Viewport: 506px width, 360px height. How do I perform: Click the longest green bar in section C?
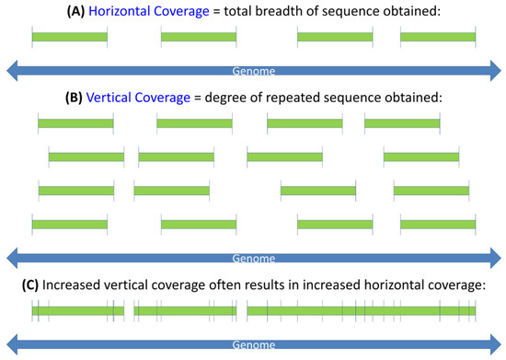(362, 312)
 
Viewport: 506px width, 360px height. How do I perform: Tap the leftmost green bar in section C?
(77, 312)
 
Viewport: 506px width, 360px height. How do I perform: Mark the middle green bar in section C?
(184, 312)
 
